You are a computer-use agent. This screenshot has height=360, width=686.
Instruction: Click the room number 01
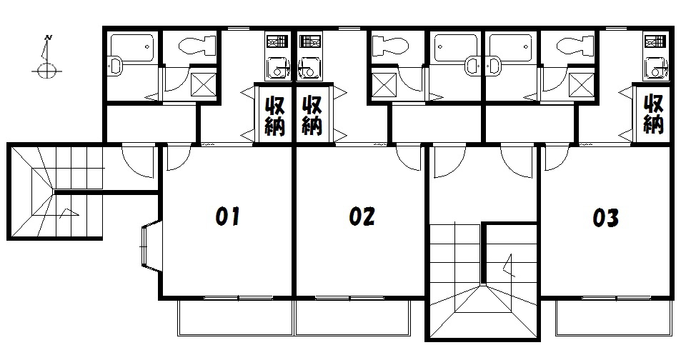(x=228, y=216)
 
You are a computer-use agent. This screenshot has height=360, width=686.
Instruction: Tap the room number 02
(x=362, y=216)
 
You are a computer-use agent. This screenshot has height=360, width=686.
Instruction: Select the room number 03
(x=605, y=217)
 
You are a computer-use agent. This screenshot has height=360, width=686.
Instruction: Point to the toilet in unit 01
(x=198, y=45)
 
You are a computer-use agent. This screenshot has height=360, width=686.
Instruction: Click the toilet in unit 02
(x=390, y=45)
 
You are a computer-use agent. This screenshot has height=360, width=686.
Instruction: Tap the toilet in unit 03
(x=575, y=45)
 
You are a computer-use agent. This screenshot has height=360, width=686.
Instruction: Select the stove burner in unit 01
(x=278, y=41)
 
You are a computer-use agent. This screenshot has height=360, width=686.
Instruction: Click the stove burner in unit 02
(x=310, y=41)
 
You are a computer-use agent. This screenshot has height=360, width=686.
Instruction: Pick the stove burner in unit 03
(x=655, y=41)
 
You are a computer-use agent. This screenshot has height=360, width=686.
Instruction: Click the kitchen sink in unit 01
(x=278, y=69)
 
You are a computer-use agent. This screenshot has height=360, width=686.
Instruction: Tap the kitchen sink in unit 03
(x=655, y=69)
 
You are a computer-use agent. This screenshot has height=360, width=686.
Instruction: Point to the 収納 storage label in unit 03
(x=653, y=114)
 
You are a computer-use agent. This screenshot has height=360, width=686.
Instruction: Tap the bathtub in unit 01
(x=131, y=47)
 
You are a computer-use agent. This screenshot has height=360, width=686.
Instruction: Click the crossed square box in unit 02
(x=384, y=85)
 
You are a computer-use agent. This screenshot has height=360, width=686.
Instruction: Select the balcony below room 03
(x=613, y=318)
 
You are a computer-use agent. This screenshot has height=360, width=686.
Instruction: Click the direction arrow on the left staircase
(x=69, y=213)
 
